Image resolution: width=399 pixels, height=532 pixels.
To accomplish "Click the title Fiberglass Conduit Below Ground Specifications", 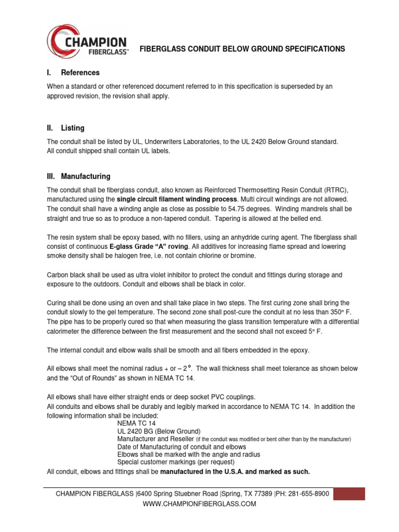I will (x=243, y=49).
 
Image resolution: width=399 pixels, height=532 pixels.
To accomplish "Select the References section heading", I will (x=80, y=73).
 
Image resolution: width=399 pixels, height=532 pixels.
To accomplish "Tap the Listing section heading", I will (x=73, y=128).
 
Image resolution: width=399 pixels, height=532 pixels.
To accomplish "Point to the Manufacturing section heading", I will (x=85, y=177).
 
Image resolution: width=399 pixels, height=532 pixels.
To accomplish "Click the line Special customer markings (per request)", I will (x=176, y=461).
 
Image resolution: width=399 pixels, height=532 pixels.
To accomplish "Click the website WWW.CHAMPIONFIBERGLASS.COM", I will (x=199, y=504).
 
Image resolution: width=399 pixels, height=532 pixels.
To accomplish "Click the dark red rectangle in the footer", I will (x=356, y=494).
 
